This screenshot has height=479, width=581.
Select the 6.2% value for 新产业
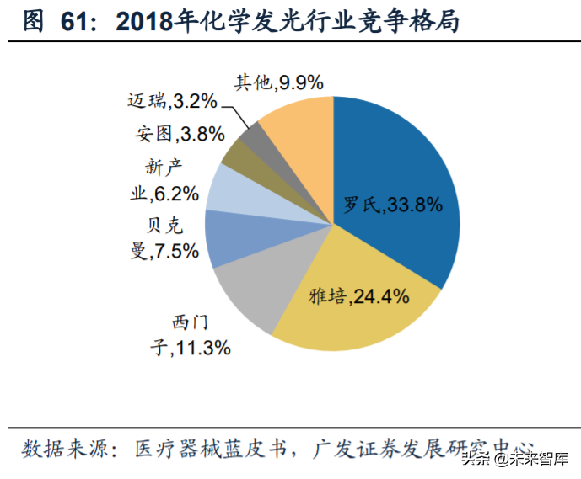tap(175, 194)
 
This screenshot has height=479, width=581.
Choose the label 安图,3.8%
tap(179, 134)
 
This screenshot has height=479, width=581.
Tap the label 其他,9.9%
tap(277, 82)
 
